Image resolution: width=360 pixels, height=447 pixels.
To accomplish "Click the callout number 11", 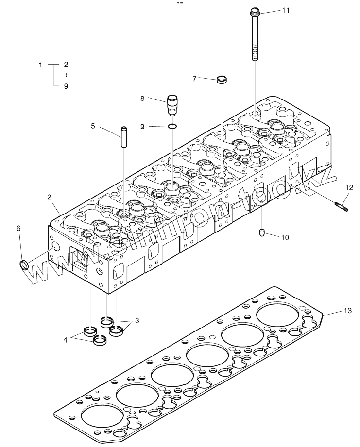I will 285,10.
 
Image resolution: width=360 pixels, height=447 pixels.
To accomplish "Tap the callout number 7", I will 194,78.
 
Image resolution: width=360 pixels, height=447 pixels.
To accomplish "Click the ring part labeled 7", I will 222,80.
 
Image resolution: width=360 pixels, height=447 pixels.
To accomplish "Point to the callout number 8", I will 142,99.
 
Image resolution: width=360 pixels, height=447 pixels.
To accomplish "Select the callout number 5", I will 93,126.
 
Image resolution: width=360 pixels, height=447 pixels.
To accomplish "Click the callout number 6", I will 19,229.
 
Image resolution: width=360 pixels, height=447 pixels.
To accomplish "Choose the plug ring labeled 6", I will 23,265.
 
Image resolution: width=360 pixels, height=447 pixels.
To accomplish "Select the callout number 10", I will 285,237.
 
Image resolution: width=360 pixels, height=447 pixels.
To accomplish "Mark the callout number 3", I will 137,320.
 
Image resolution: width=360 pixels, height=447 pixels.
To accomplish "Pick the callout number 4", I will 65,340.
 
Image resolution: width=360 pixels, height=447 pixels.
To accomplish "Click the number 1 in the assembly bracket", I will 41,64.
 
